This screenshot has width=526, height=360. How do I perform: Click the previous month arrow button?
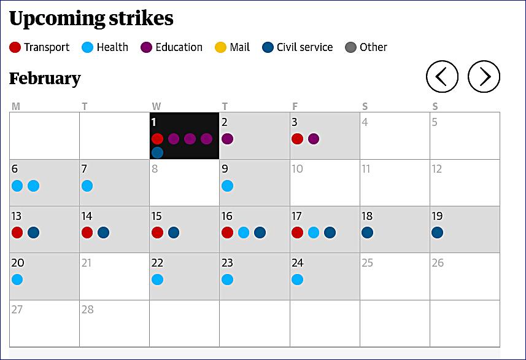coord(442,77)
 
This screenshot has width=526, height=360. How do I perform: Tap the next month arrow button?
coord(484,77)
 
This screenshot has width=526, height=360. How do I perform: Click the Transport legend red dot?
coord(15,47)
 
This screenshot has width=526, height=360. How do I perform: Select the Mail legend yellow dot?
coord(221,47)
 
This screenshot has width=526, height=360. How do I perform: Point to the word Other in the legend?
coord(374,47)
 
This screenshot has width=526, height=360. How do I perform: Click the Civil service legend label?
coord(304,47)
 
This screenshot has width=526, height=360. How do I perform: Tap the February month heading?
coord(45,79)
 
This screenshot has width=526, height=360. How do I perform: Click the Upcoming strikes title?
coord(91,18)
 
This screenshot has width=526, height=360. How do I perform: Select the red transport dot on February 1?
coord(157,139)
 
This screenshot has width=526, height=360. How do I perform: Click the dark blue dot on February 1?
coord(157,152)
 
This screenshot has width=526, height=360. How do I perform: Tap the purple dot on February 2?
coord(227,139)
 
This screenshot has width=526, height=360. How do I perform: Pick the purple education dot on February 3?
coord(314,139)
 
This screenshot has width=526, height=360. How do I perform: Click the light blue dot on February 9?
coord(227,186)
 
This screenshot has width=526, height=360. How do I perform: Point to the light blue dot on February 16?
coord(244,232)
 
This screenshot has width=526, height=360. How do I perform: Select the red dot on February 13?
coord(17,232)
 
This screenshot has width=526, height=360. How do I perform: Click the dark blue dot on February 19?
coord(437,232)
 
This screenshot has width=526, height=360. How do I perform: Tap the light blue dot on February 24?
coord(297,280)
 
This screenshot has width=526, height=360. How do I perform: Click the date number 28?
coord(88,309)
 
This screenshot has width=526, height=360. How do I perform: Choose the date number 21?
coord(87,262)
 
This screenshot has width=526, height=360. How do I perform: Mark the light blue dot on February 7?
coord(87,186)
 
